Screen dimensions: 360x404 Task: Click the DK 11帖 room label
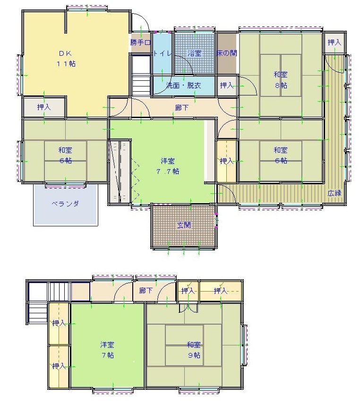(66, 59)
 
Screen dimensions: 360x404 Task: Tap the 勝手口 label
(140, 42)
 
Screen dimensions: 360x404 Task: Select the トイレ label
(163, 53)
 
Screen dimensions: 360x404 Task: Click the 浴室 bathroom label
(194, 53)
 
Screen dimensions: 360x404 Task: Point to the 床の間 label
(226, 53)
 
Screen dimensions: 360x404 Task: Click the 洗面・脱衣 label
(183, 85)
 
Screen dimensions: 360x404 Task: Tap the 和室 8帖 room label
(281, 80)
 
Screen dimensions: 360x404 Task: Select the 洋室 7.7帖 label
(168, 166)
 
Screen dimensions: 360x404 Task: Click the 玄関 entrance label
(184, 225)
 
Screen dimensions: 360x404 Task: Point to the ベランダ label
(65, 204)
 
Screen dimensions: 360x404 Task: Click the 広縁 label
(334, 193)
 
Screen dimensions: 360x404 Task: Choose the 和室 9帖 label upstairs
(194, 350)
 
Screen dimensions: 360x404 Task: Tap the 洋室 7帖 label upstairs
(107, 350)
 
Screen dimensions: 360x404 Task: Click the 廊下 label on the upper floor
(146, 291)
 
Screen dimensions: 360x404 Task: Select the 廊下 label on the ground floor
(182, 107)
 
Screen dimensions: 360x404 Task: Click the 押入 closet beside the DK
(44, 107)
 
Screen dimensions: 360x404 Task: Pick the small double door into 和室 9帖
(189, 308)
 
